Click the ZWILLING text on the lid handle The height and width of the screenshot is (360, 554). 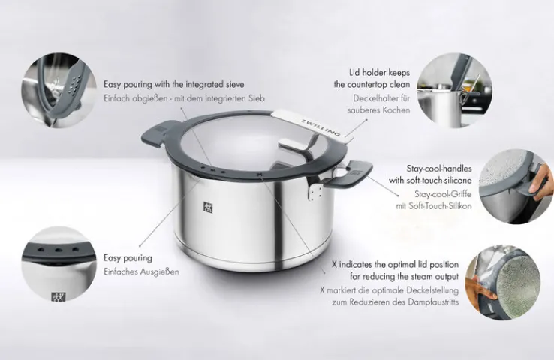pyautogui.click(x=320, y=127)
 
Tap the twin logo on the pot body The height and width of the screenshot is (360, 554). pyautogui.click(x=208, y=207)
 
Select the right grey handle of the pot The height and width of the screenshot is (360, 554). pyautogui.click(x=350, y=173)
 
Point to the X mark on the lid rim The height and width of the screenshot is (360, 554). pyautogui.click(x=260, y=174)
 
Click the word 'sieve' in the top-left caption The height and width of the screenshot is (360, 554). pyautogui.click(x=235, y=84)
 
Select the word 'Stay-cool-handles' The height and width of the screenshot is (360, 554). pyautogui.click(x=439, y=169)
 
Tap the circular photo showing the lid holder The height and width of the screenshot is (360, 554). pyautogui.click(x=454, y=90)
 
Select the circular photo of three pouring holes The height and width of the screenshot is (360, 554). pyautogui.click(x=59, y=264)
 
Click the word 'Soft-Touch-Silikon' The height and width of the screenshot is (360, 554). pyautogui.click(x=440, y=206)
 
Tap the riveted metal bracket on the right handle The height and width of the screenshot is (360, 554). pyautogui.click(x=314, y=190)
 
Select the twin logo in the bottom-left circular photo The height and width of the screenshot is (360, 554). pyautogui.click(x=59, y=296)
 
